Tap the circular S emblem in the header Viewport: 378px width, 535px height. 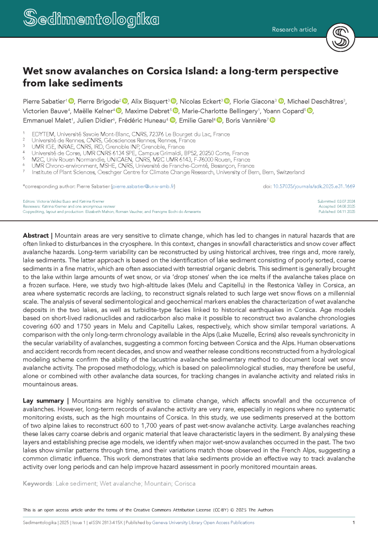click(x=341, y=37)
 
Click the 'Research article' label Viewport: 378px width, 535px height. click(x=294, y=30)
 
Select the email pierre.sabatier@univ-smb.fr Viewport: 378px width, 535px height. click(x=143, y=186)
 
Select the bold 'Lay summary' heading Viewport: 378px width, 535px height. click(x=43, y=401)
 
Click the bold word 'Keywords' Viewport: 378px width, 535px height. click(x=38, y=484)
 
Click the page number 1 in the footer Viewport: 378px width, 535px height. click(x=354, y=522)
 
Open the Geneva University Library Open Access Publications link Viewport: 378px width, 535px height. click(x=203, y=522)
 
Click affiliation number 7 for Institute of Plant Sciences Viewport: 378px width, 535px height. click(x=24, y=172)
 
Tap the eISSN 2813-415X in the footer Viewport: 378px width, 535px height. click(x=105, y=522)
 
